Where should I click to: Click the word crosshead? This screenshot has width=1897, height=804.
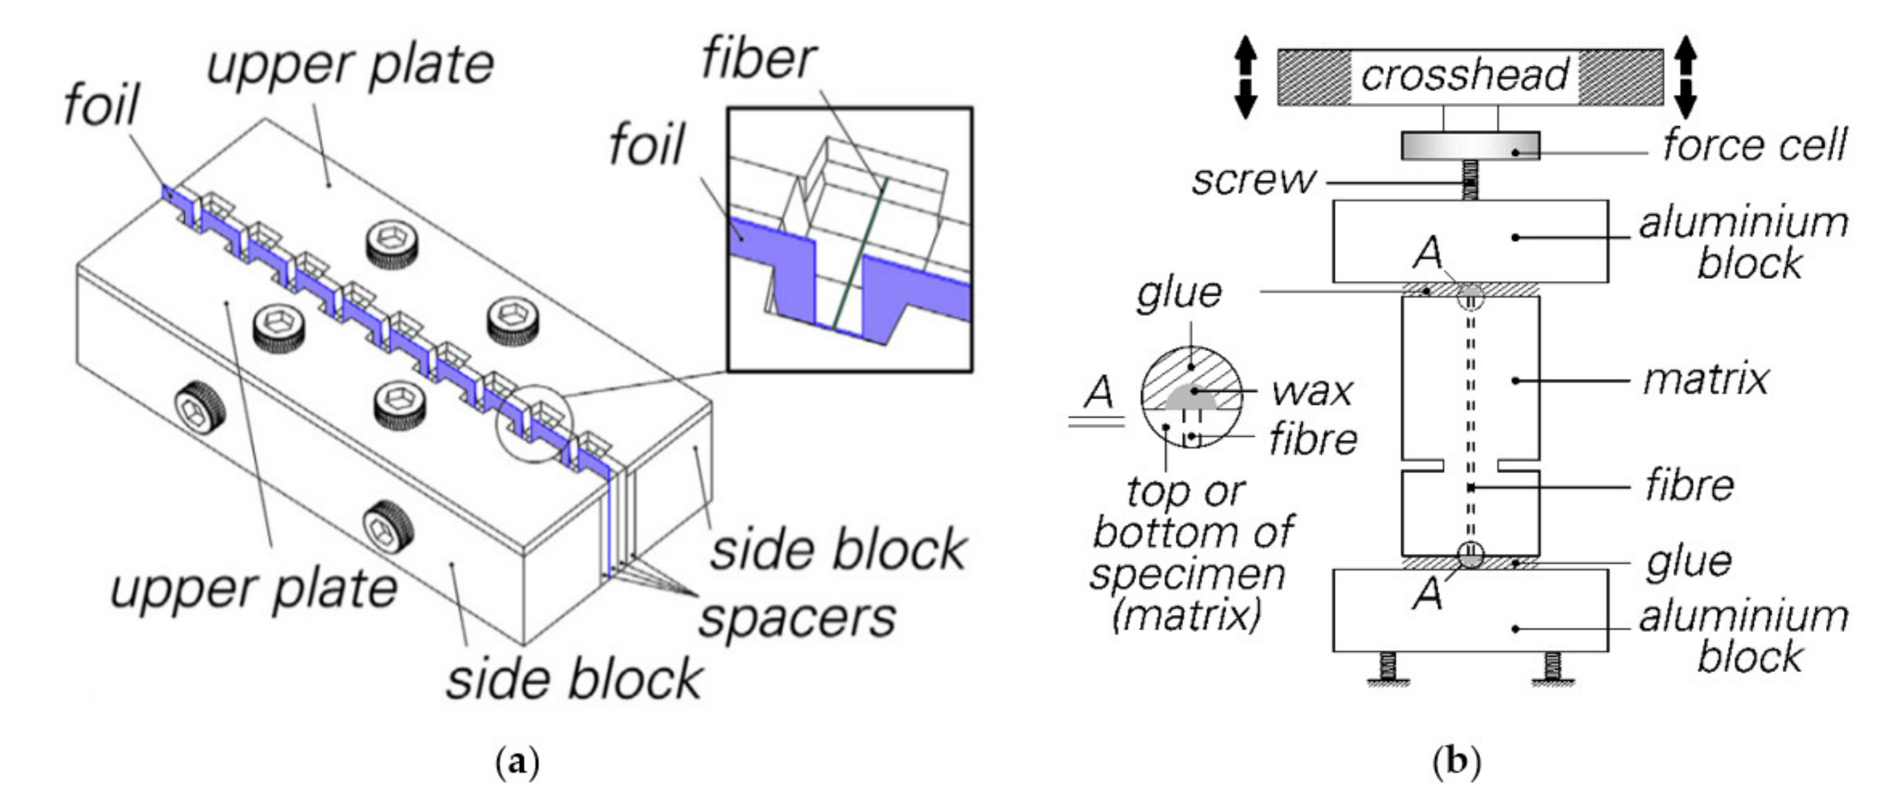click(1464, 76)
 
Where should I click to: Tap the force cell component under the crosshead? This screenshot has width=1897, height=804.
click(1469, 146)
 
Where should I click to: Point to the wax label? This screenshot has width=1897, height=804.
click(1311, 391)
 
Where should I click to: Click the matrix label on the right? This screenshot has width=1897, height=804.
click(1705, 381)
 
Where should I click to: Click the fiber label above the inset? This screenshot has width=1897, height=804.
click(758, 59)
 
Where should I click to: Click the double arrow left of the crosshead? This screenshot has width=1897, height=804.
click(1245, 77)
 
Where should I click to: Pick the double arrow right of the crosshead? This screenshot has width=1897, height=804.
click(1686, 77)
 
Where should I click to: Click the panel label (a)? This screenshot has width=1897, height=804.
click(519, 762)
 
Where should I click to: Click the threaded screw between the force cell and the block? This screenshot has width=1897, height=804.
click(1469, 180)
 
